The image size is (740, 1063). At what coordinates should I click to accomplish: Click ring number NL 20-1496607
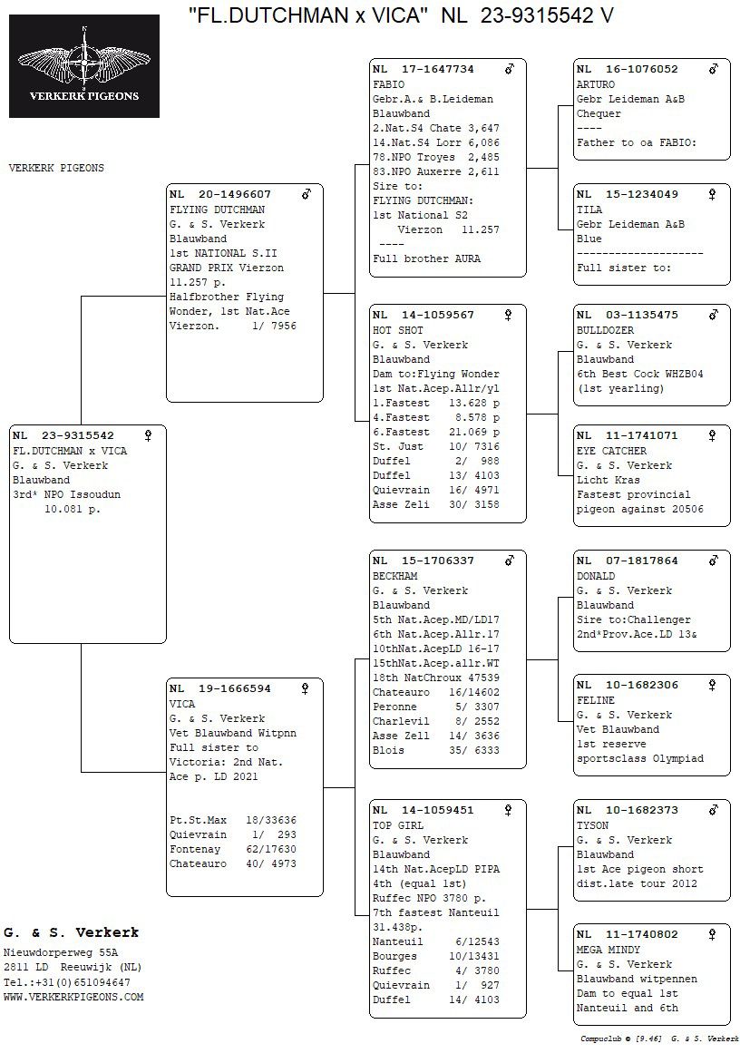220,194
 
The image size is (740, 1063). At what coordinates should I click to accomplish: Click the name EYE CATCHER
611,451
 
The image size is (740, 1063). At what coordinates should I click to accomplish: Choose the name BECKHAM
394,576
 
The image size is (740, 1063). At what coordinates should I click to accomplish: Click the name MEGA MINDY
609,950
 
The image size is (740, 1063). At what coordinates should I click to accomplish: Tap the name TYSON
593,825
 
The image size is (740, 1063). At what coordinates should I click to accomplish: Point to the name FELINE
596,700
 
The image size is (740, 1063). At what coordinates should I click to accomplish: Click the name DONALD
596,576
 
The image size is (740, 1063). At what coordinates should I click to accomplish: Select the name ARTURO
596,84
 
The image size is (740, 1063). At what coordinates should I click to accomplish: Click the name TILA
589,210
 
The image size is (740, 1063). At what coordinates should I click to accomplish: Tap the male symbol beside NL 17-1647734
510,69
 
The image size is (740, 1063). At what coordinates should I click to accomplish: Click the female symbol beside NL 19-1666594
306,688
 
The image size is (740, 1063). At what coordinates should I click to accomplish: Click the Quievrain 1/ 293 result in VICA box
232,834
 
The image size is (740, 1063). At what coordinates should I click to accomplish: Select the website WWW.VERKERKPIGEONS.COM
73,997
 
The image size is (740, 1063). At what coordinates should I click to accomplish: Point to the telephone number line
66,982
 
